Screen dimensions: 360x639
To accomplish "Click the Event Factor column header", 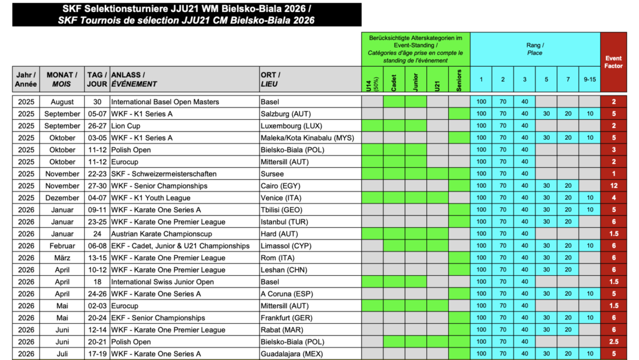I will click(613, 62).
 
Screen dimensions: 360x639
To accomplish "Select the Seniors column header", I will click(459, 80).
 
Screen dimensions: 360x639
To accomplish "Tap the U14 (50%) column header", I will click(373, 80).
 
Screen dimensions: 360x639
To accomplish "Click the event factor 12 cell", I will click(613, 186).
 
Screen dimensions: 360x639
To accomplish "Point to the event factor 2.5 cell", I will click(613, 342).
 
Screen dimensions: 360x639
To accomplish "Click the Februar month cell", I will click(62, 246).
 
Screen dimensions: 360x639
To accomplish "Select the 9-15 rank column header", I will click(590, 79).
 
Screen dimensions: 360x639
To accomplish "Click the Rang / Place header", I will click(535, 49).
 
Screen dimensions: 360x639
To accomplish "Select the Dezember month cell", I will click(62, 198).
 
